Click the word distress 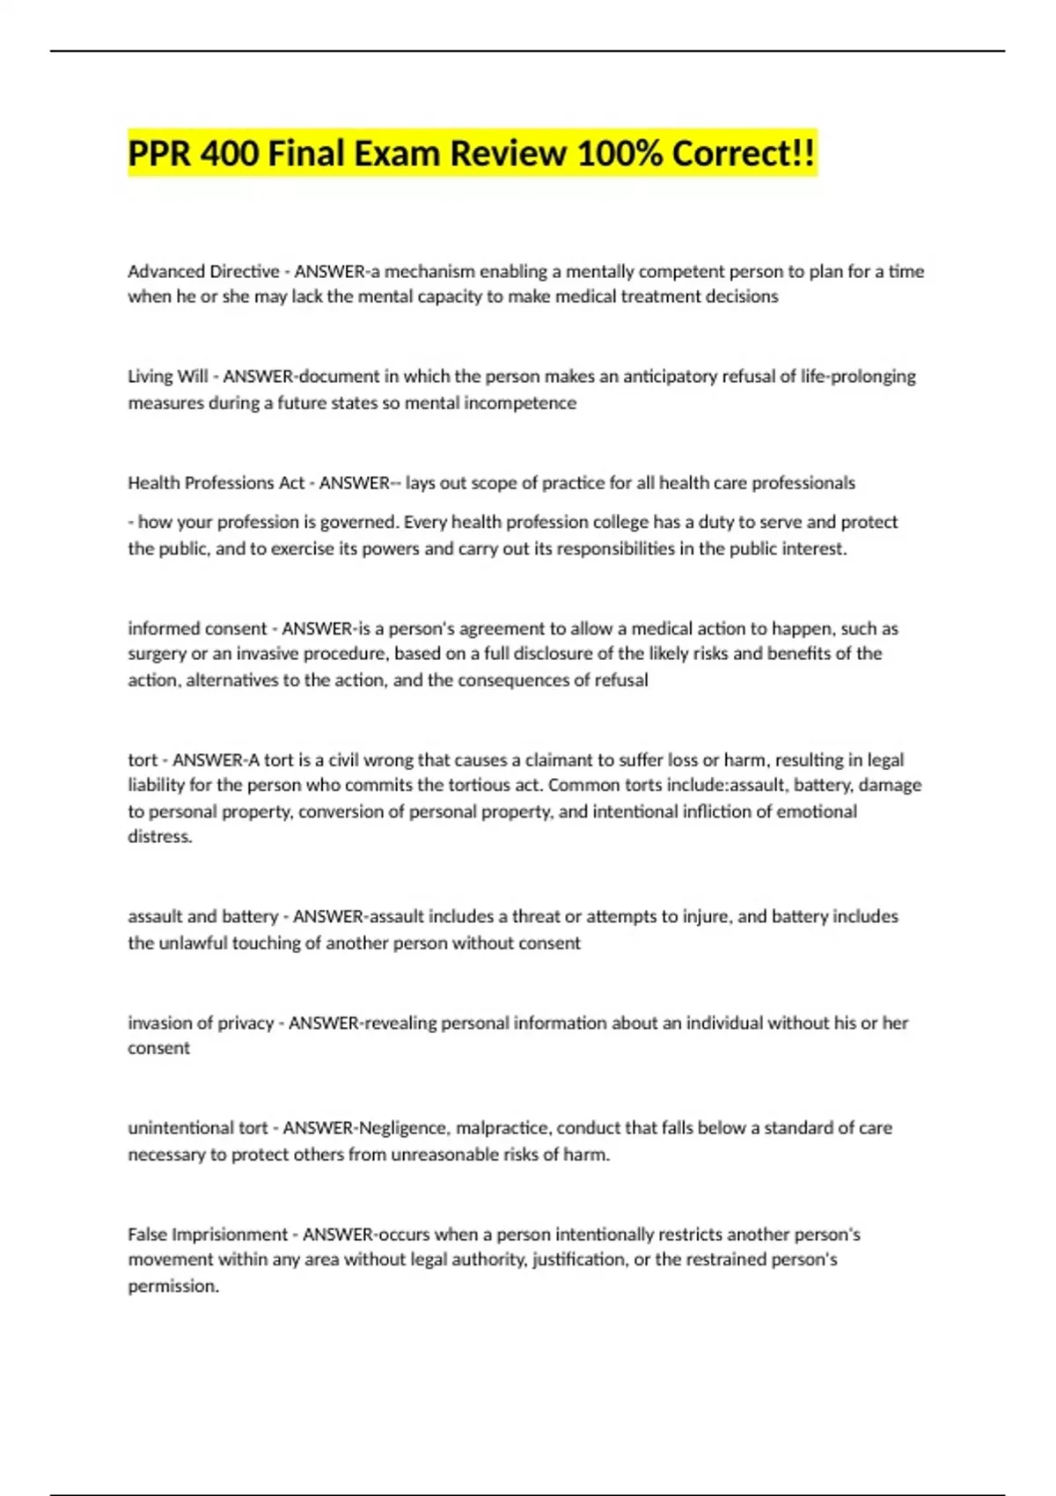159,837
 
